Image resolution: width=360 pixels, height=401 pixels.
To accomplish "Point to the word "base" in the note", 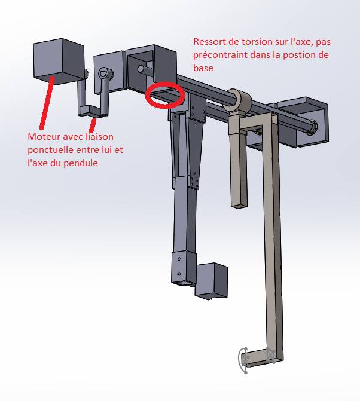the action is [203, 68].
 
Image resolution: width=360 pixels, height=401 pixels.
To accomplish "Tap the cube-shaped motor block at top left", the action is [59, 62].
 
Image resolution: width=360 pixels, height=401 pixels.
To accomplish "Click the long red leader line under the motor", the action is [47, 103].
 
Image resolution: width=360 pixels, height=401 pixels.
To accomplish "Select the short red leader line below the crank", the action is [93, 125].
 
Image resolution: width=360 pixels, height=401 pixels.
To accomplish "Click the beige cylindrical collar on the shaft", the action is [239, 100].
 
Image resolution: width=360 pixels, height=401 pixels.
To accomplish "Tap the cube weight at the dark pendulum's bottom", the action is [211, 281].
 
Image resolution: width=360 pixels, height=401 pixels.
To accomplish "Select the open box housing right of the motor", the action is [151, 69].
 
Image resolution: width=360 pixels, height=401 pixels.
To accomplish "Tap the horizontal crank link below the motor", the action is [90, 111].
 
